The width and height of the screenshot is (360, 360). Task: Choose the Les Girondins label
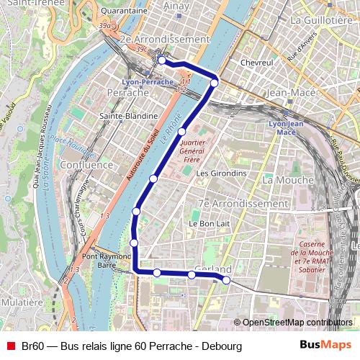click(x=221, y=174)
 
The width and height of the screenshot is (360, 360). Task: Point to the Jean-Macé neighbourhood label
click(x=288, y=92)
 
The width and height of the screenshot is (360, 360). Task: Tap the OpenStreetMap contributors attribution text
click(x=297, y=323)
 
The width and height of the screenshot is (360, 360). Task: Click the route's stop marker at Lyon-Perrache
click(x=163, y=61)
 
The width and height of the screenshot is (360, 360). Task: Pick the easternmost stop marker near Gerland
click(x=226, y=279)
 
